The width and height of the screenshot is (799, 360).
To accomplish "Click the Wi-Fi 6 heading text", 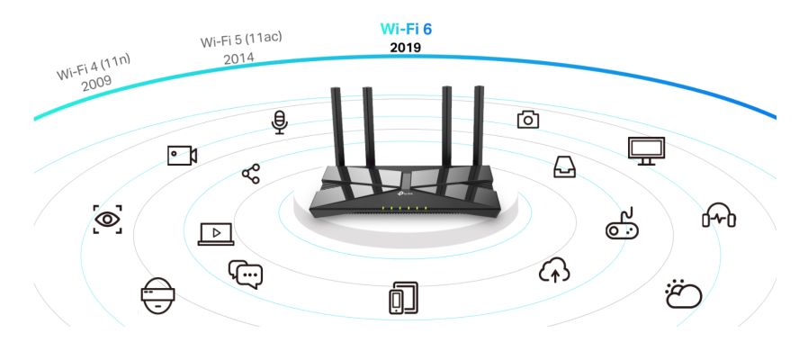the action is [x=406, y=29].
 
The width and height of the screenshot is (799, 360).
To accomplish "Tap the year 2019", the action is [x=406, y=48].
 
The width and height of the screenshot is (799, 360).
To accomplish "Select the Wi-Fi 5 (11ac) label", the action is [x=241, y=40].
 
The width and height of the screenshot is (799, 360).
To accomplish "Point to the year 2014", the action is [x=238, y=58].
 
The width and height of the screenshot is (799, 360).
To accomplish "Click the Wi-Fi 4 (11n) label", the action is [x=94, y=67].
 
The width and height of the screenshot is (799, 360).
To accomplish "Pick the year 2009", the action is [x=96, y=83].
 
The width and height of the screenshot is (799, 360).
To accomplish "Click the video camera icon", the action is [x=182, y=156].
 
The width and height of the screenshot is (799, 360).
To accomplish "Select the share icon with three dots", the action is [x=251, y=174].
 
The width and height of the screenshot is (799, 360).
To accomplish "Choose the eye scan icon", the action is [x=107, y=220].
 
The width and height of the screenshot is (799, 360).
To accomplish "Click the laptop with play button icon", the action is [x=216, y=234].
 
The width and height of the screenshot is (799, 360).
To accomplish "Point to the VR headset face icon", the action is [x=158, y=296].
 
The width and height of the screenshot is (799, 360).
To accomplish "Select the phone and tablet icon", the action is [x=404, y=298].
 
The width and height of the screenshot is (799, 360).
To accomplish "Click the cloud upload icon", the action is [x=554, y=270].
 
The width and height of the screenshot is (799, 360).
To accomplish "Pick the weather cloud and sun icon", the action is [x=683, y=293].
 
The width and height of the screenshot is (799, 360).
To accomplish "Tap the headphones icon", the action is [x=719, y=215].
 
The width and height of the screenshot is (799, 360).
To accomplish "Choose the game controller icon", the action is [x=622, y=224].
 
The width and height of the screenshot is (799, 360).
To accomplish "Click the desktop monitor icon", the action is [x=646, y=151].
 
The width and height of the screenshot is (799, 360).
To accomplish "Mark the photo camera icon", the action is [x=528, y=120].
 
